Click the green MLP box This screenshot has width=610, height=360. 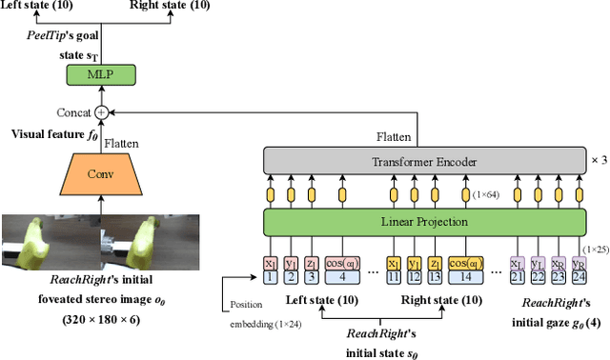100,74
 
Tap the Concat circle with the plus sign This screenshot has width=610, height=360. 100,111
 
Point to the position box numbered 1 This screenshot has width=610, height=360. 270,277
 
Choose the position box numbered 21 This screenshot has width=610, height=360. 518,277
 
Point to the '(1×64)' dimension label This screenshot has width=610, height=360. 487,194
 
